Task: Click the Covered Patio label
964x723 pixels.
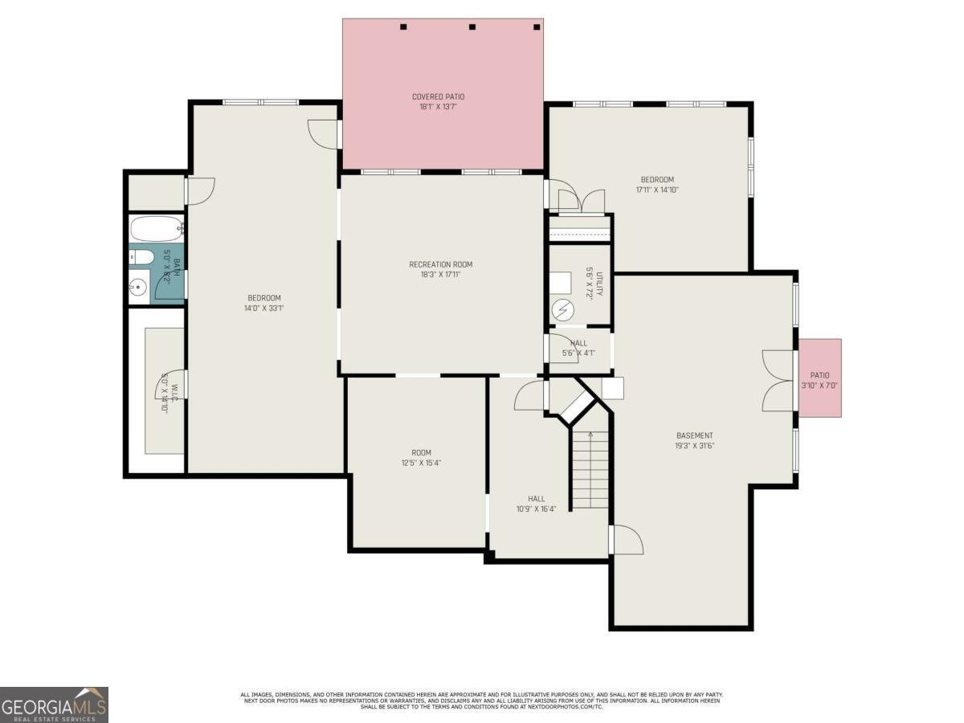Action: click(x=438, y=97)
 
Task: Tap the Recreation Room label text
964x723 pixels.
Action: click(x=440, y=264)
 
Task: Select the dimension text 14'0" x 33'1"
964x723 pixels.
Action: click(x=263, y=308)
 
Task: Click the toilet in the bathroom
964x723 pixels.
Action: click(x=141, y=257)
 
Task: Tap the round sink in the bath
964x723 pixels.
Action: click(x=138, y=287)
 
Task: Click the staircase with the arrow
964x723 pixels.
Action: click(x=590, y=470)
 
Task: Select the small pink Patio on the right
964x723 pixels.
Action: click(x=819, y=378)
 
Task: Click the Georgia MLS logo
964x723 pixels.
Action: click(x=54, y=705)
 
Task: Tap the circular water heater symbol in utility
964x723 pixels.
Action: click(x=562, y=308)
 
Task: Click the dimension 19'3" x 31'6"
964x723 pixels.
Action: click(x=694, y=446)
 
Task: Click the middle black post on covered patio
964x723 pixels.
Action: click(x=472, y=27)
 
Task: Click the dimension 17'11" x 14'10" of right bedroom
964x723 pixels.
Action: click(x=656, y=190)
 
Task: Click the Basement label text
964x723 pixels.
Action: click(x=694, y=435)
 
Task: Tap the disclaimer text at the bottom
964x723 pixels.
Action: click(x=482, y=701)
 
